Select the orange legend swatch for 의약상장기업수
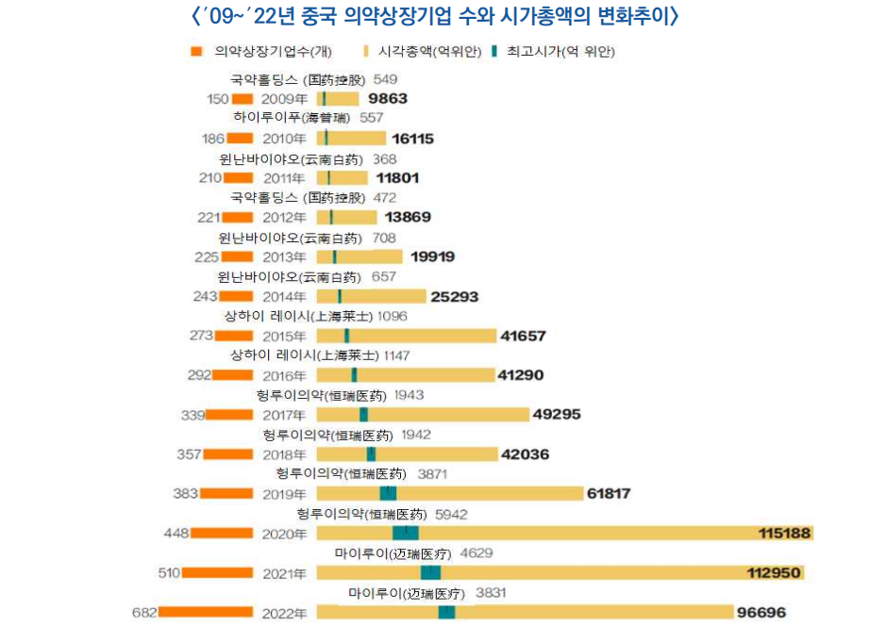[195, 52]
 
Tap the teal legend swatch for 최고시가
[495, 52]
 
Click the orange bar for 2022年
[206, 612]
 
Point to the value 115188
[785, 534]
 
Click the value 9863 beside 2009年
[388, 98]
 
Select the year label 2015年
[284, 337]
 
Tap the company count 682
[144, 613]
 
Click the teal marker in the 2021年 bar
[430, 573]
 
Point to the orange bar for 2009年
[243, 98]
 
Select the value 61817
[609, 494]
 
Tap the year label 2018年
[284, 454]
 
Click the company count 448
[176, 534]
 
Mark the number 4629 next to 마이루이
[477, 553]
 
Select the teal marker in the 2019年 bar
[388, 494]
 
